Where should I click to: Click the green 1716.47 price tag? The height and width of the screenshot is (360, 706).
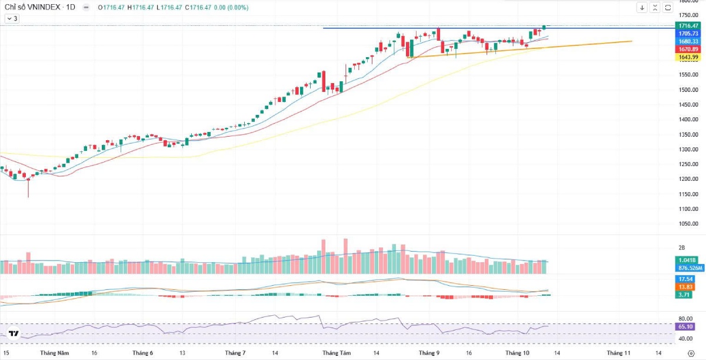tap(688, 26)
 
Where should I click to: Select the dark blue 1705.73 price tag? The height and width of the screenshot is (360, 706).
tap(688, 34)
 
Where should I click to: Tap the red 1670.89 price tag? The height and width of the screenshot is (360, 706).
tap(688, 49)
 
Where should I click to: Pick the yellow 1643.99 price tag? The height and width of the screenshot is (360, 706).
tap(688, 57)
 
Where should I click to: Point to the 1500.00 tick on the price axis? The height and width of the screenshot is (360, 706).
tap(688, 90)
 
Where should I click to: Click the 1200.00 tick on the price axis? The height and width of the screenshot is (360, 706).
tap(688, 179)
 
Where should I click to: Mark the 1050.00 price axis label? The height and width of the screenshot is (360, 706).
tap(688, 224)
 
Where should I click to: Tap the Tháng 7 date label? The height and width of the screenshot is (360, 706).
tap(235, 353)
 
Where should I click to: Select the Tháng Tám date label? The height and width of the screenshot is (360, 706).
tap(337, 353)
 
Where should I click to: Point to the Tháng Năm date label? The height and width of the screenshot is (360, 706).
tap(55, 353)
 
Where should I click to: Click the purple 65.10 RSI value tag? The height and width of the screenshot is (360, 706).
tap(685, 326)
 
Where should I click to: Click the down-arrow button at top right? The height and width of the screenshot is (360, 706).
tap(642, 8)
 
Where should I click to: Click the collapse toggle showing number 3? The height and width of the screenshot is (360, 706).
tap(12, 19)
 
